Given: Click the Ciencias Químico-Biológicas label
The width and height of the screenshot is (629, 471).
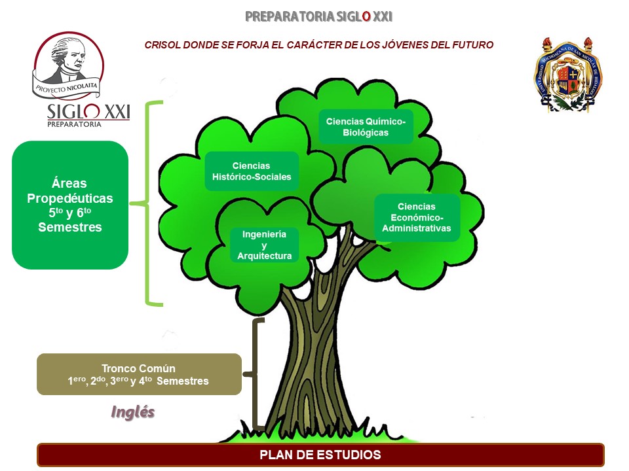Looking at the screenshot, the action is click(x=366, y=127).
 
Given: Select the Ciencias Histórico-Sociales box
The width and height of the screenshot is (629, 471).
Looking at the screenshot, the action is click(x=252, y=171).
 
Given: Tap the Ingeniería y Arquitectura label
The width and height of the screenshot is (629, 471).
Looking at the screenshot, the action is click(x=264, y=245).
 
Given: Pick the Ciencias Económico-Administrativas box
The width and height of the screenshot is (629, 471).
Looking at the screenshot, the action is click(x=417, y=217).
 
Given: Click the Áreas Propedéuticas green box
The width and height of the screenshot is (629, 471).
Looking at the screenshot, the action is click(x=70, y=205).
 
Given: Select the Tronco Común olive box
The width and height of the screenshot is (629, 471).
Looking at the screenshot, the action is click(x=139, y=374).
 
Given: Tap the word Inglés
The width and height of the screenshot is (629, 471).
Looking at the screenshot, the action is click(x=133, y=412).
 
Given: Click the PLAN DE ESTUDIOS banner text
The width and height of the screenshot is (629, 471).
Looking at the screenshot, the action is click(x=320, y=455).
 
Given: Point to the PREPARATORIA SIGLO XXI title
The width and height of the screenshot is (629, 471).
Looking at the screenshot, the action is click(x=318, y=16).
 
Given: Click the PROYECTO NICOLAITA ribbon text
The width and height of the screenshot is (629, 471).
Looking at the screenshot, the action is click(x=67, y=86).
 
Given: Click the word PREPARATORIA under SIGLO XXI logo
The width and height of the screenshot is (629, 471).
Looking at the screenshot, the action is click(x=74, y=124).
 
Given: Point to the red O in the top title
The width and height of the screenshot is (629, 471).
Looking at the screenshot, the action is click(x=366, y=16).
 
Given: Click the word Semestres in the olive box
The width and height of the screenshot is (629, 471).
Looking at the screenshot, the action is click(x=183, y=381).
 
